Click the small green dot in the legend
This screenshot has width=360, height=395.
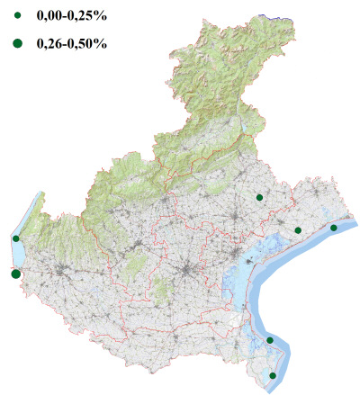point(17,15)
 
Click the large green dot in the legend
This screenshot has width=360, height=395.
point(17,43)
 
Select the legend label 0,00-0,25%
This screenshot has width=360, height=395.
point(68,15)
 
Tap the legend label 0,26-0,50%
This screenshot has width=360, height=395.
point(68,43)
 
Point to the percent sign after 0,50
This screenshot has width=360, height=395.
point(101,43)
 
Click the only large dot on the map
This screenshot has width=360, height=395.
point(15,274)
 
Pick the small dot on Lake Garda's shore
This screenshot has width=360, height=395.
point(16,238)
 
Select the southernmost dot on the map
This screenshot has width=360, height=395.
point(273,375)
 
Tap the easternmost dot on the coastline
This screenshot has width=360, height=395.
point(333,228)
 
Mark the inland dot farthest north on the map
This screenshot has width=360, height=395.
point(259,197)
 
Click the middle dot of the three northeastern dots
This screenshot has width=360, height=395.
point(298,230)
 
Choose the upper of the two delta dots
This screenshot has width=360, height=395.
point(270,340)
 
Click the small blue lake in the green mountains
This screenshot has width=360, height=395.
point(237,101)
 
